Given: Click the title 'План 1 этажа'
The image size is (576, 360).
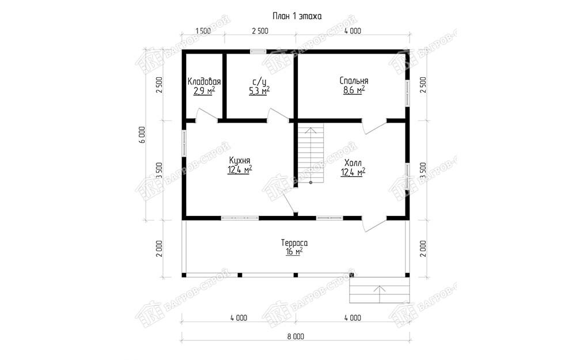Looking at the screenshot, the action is [297, 16].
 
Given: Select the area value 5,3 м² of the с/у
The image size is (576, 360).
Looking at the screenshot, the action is [260, 90].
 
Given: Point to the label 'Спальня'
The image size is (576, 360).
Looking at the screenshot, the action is [354, 81].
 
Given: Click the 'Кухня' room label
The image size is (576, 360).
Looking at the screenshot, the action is [240, 161].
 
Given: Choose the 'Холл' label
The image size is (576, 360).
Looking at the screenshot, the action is [353, 163].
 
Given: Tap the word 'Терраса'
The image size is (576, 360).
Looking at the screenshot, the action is [294, 243].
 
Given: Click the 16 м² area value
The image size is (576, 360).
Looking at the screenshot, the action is [294, 252].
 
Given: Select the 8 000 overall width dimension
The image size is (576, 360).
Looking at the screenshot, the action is [297, 336].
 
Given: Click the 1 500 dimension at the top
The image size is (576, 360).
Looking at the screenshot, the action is [203, 31].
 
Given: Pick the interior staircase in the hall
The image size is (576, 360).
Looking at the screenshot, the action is [311, 153].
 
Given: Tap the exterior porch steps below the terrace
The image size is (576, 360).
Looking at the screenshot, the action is [379, 290].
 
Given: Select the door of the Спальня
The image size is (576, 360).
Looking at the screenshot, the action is [374, 126].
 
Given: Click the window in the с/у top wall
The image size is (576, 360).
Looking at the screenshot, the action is [258, 51].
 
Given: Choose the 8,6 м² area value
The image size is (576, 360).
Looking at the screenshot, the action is [354, 90].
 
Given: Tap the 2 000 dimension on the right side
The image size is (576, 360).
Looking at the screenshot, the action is [423, 248].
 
